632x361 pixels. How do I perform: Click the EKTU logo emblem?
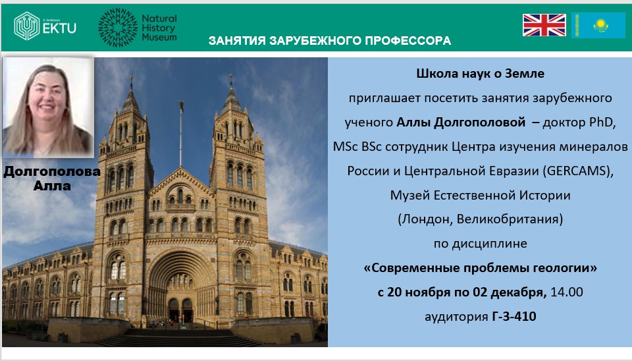pyautogui.click(x=26, y=26)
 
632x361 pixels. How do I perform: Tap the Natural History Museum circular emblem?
pyautogui.click(x=118, y=28)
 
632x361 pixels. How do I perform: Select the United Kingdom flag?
pyautogui.click(x=544, y=25)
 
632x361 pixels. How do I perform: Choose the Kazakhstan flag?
pyautogui.click(x=598, y=25)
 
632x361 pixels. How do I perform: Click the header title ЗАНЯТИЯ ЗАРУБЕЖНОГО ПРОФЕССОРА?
pyautogui.click(x=329, y=41)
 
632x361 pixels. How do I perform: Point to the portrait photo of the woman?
pyautogui.click(x=48, y=107)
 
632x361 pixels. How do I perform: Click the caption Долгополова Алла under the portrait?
pyautogui.click(x=52, y=179)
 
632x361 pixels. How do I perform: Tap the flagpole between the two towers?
pyautogui.click(x=180, y=133)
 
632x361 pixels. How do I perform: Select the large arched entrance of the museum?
pyautogui.click(x=180, y=286)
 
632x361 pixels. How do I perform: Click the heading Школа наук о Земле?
pyautogui.click(x=480, y=73)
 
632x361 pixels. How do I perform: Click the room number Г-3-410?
pyautogui.click(x=514, y=316)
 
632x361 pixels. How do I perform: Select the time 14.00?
pyautogui.click(x=567, y=292)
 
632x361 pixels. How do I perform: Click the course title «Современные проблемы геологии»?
pyautogui.click(x=480, y=268)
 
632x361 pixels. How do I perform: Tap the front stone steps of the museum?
pyautogui.click(x=177, y=337)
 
